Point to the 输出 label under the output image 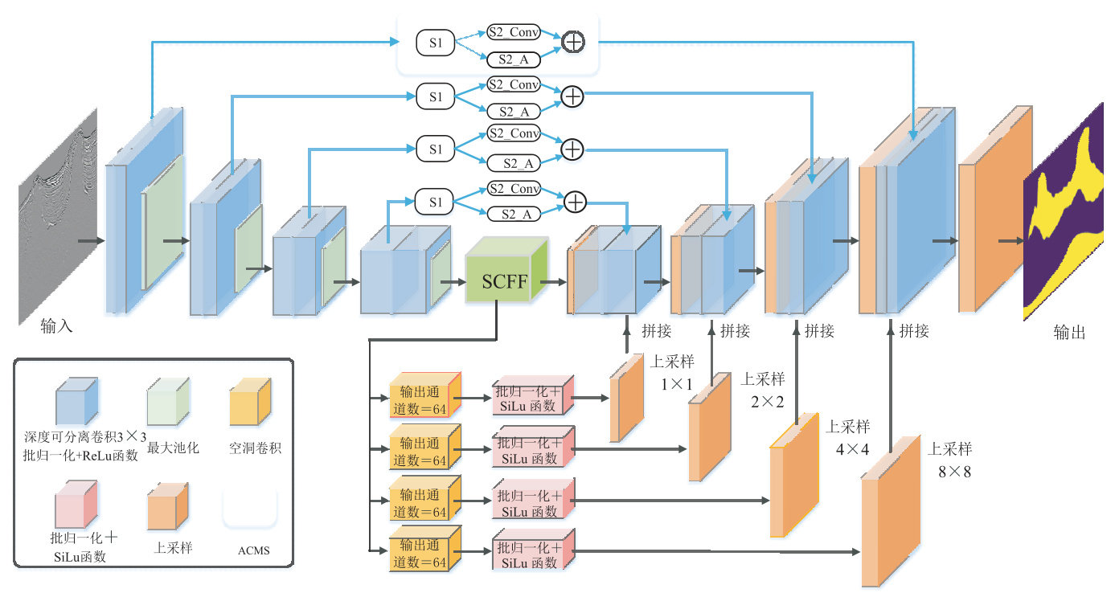tap(1069, 332)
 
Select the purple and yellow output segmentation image tap(1064, 213)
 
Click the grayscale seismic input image tap(58, 217)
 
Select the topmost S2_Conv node tap(513, 33)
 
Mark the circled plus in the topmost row tap(572, 42)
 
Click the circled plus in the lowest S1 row tap(575, 202)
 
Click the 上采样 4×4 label tap(852, 437)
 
